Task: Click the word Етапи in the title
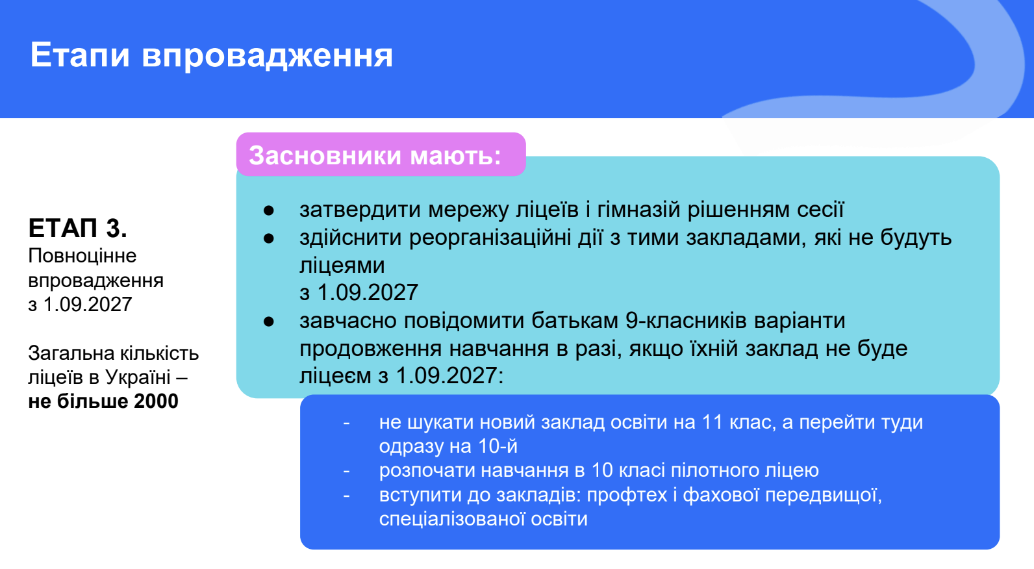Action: pos(80,55)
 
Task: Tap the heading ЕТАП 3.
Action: pos(77,228)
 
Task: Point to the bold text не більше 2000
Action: pos(103,401)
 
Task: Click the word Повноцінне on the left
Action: pos(82,256)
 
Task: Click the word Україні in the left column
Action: pos(138,377)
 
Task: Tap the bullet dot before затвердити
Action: pos(269,210)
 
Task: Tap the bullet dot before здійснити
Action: pos(269,238)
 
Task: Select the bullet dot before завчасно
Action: pos(269,321)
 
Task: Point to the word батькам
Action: pos(575,320)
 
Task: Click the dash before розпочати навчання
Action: pos(346,471)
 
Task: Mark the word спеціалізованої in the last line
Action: pos(451,519)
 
